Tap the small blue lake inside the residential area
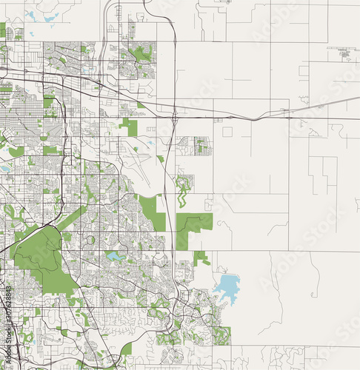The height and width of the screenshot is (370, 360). coord(116,256)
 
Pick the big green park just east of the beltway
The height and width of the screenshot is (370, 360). coord(194,224)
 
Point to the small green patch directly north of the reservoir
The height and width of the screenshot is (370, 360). coord(201,258)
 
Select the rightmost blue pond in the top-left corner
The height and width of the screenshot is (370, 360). coord(50,16)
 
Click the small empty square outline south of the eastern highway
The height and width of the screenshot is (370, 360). coord(227,132)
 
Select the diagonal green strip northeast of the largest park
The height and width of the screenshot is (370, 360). coord(74,218)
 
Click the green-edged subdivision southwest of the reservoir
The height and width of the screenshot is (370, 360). coord(221,335)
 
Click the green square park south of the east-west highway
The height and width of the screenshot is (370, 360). coord(130,127)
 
